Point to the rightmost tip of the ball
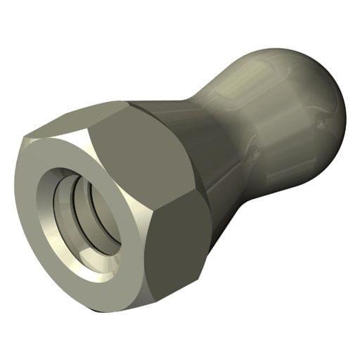[x=347, y=105]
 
